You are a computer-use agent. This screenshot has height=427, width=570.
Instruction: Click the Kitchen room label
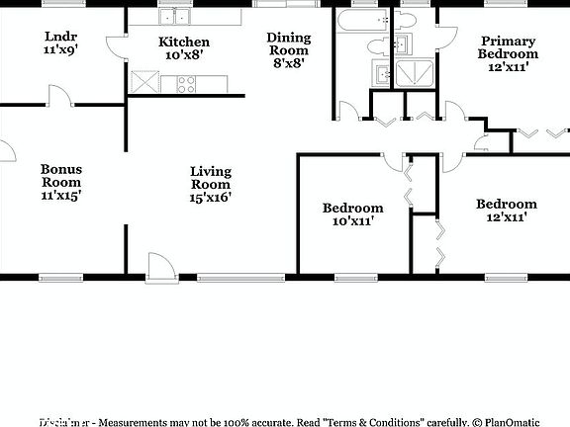[x=184, y=42]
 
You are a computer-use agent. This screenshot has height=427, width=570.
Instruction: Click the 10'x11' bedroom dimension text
[x=352, y=222]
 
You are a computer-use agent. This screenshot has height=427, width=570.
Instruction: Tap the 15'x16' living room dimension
[x=211, y=198]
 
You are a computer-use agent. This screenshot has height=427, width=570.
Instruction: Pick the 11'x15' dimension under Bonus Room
[x=61, y=196]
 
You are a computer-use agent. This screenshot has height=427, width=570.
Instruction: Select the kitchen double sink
[x=176, y=16]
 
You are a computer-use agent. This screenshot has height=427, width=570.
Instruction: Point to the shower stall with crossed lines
[x=411, y=72]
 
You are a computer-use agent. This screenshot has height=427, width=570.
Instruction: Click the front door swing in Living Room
[x=159, y=264]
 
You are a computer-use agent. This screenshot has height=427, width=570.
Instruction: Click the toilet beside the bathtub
[x=378, y=45]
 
